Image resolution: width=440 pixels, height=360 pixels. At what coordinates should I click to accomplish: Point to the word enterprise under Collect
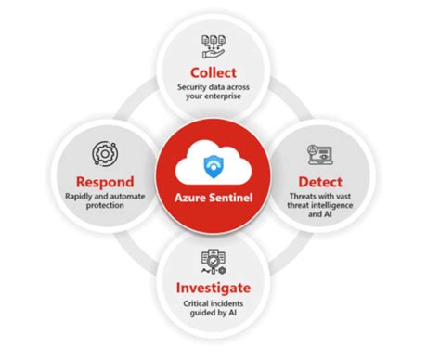pyautogui.click(x=235, y=99)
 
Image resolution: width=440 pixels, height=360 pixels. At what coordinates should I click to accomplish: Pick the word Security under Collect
pyautogui.click(x=195, y=88)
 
